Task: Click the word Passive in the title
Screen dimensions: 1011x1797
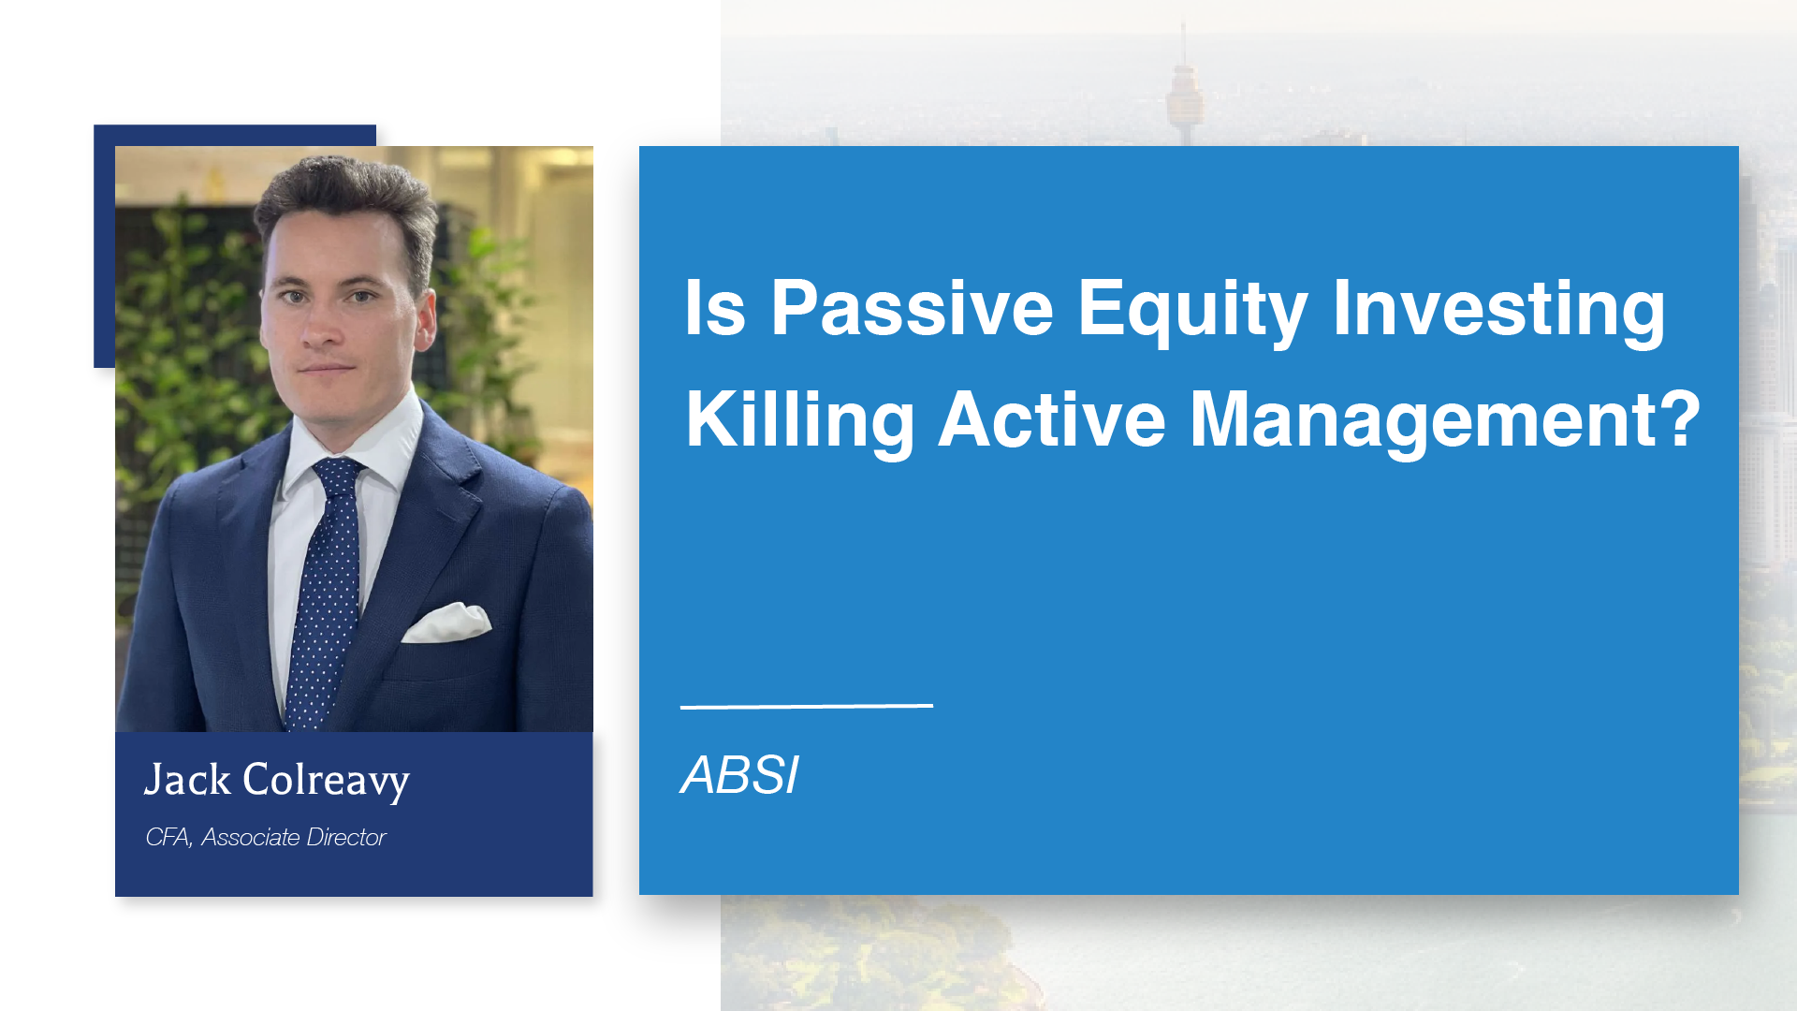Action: (x=912, y=309)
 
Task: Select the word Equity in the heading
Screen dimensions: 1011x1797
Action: (x=1191, y=309)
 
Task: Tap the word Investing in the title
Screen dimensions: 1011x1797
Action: (x=1498, y=309)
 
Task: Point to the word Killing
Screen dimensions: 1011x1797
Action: (x=799, y=420)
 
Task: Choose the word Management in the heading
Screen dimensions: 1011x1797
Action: (x=1424, y=420)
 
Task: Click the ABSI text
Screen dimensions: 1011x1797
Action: (x=739, y=775)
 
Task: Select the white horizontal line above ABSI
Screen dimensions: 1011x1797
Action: (x=806, y=706)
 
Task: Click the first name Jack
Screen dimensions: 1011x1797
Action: (x=187, y=780)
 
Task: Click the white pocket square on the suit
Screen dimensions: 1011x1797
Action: (x=446, y=623)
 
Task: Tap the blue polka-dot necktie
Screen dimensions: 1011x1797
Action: (x=323, y=599)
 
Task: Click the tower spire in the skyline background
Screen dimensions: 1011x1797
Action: (x=1184, y=56)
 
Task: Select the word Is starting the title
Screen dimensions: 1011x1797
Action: (x=715, y=309)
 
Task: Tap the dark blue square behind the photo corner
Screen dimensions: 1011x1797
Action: (x=104, y=243)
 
